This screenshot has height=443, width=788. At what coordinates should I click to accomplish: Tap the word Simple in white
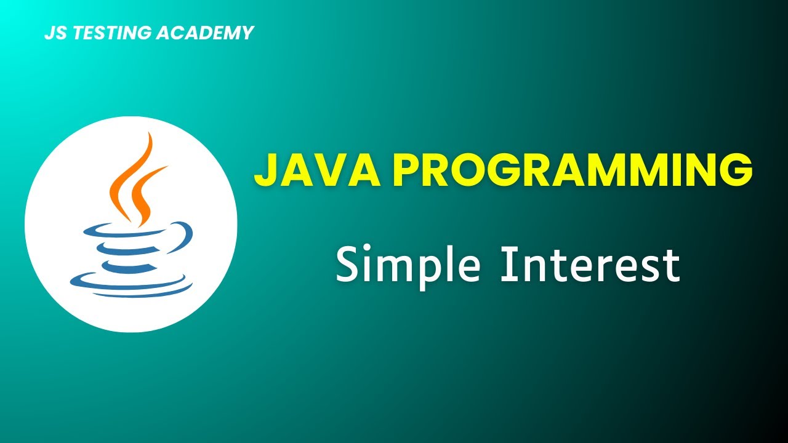coord(408,265)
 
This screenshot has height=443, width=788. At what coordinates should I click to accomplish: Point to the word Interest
coord(590,265)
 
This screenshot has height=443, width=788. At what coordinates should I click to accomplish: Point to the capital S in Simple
coord(348,265)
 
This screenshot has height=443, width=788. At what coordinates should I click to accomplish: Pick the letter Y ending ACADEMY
coord(247,33)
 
